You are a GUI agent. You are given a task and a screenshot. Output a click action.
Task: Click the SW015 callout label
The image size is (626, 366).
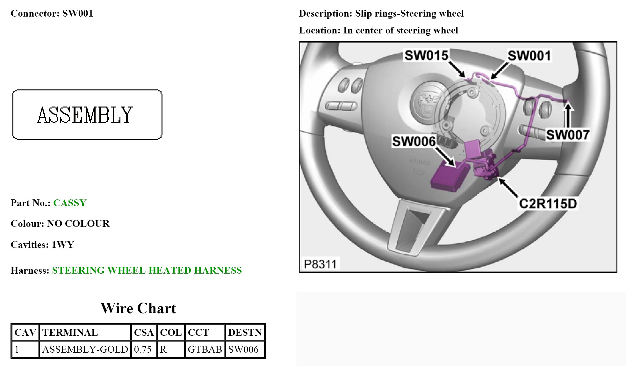(426, 55)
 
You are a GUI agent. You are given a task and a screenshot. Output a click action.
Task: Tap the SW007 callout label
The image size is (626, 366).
(567, 134)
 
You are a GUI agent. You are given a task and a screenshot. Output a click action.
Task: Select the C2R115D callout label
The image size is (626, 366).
(548, 204)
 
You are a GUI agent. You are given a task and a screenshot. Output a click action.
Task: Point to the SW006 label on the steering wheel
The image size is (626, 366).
(414, 141)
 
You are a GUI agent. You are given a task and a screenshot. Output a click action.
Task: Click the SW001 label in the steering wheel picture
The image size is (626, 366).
(529, 55)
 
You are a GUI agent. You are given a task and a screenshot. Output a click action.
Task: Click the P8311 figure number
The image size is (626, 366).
(320, 264)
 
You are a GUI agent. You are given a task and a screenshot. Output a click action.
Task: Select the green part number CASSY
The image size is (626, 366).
(70, 203)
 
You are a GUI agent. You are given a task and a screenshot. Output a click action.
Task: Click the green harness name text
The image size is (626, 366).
(147, 270)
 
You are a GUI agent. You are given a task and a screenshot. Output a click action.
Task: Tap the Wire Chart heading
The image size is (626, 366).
(138, 308)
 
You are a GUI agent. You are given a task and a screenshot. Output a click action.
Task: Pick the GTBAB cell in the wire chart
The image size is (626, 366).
(205, 349)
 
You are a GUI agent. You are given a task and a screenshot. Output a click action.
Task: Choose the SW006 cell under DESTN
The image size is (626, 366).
(243, 349)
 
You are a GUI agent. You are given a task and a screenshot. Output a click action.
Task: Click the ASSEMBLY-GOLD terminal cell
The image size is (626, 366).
(85, 349)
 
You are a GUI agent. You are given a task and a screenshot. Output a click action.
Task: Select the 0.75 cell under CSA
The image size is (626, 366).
(143, 349)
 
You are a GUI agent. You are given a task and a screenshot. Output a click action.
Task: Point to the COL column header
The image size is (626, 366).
(171, 333)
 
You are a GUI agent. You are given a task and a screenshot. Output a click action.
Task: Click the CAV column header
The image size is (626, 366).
(25, 333)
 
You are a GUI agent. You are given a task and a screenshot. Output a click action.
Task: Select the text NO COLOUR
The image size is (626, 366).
(78, 224)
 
